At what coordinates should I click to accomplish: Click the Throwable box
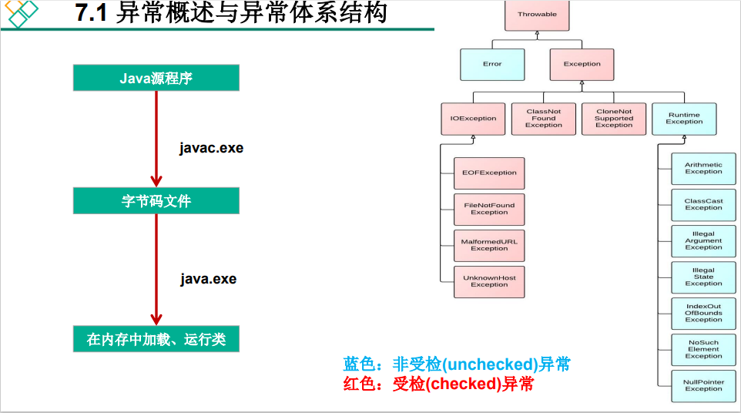click(x=537, y=15)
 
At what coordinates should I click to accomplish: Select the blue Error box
click(x=492, y=65)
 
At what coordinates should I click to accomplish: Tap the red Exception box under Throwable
click(x=582, y=65)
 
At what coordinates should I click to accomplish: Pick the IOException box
click(x=473, y=119)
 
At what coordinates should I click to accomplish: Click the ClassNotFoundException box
click(x=544, y=119)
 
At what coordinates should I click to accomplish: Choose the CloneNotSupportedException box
click(x=614, y=119)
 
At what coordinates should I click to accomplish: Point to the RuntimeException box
click(x=684, y=119)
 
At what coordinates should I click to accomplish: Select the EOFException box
click(x=489, y=173)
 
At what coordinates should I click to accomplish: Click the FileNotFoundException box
click(x=489, y=209)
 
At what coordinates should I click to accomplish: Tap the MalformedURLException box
click(x=489, y=245)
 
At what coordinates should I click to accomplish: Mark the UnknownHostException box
click(x=489, y=281)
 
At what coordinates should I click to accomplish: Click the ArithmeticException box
click(x=703, y=168)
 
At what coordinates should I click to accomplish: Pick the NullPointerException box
click(x=703, y=385)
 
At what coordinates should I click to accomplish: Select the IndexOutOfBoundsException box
click(x=703, y=313)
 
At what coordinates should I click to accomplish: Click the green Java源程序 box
click(x=156, y=78)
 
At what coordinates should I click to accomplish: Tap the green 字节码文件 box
click(x=156, y=201)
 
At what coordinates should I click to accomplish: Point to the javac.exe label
click(x=211, y=148)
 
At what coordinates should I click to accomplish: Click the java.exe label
click(x=209, y=279)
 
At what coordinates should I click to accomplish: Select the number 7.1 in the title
click(x=92, y=14)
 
